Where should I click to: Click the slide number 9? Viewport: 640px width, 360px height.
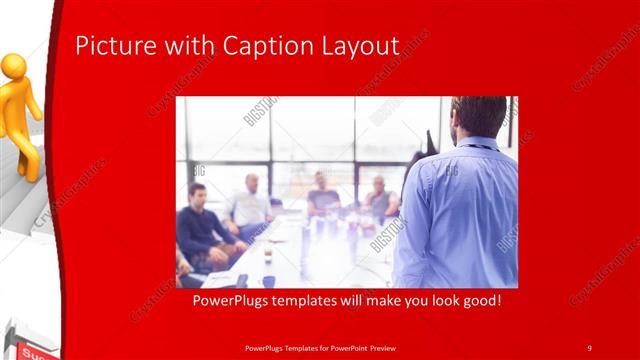[x=589, y=347]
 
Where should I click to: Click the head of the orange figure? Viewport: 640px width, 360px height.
[x=14, y=67]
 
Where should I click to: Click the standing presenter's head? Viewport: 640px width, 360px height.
[x=477, y=117]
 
